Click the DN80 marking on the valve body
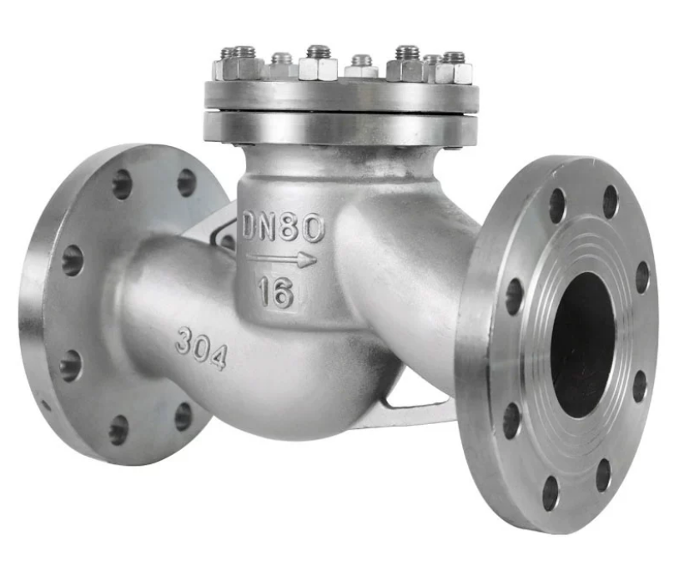pos(283,227)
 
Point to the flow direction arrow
pos(282,260)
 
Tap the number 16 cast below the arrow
pos(275,291)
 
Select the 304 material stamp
pos(201,347)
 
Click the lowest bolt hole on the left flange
pos(119,430)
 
